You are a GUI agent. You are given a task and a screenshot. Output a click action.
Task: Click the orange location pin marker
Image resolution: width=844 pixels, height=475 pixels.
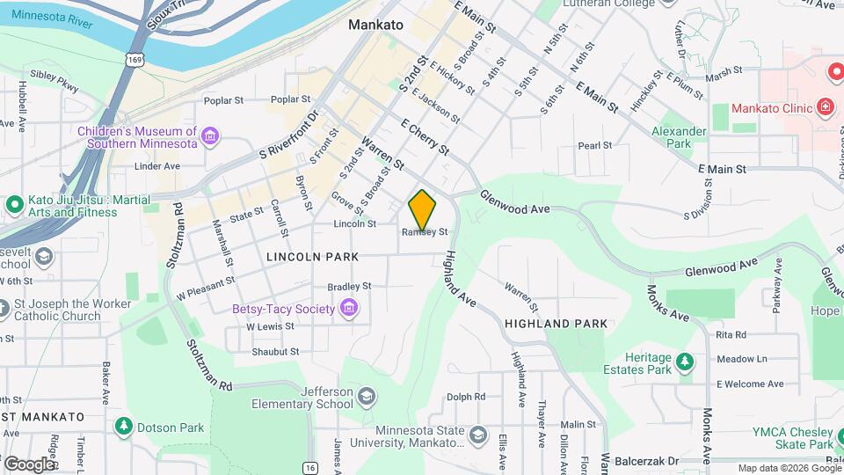coord(422,209)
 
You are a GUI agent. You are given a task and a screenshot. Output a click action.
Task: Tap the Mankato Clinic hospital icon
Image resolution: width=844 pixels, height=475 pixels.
coord(825,108)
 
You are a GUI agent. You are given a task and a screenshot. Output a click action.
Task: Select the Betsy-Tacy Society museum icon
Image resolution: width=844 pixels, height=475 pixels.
coord(349,308)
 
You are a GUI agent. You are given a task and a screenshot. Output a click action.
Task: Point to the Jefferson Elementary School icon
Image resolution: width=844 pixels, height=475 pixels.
coord(366,398)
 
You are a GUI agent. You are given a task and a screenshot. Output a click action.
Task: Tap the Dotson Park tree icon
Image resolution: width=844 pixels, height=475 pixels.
coord(124,427)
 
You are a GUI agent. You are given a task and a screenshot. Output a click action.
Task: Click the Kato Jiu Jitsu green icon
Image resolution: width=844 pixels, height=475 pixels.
coord(14,205)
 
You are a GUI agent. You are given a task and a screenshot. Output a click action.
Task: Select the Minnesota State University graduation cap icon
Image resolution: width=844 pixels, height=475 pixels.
coord(477,436)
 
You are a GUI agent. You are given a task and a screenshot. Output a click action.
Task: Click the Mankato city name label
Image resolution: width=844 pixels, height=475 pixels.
coord(375,25)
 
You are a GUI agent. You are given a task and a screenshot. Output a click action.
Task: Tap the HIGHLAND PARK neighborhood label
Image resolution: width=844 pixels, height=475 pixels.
coord(556,324)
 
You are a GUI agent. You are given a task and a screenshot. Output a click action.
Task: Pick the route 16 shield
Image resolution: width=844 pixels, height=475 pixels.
coord(309,468)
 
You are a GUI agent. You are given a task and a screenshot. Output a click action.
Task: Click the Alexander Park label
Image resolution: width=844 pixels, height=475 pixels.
coord(679,137)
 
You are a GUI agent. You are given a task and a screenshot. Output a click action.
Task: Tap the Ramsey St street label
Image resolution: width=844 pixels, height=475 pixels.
coord(426,232)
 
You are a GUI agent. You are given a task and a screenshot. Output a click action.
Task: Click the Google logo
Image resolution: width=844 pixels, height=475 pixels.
coord(28,464)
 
